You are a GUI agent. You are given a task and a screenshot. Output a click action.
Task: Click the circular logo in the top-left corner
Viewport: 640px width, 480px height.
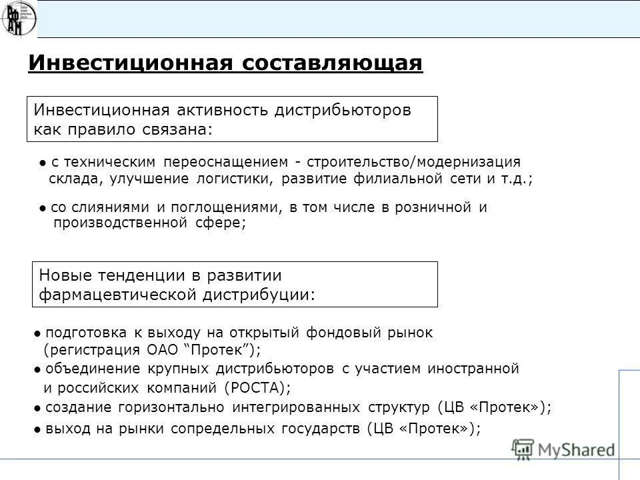(19, 19)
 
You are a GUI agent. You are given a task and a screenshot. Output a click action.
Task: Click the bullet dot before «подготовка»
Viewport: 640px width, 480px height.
(37, 333)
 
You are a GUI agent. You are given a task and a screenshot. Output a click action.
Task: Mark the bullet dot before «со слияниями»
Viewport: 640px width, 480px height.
(43, 208)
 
